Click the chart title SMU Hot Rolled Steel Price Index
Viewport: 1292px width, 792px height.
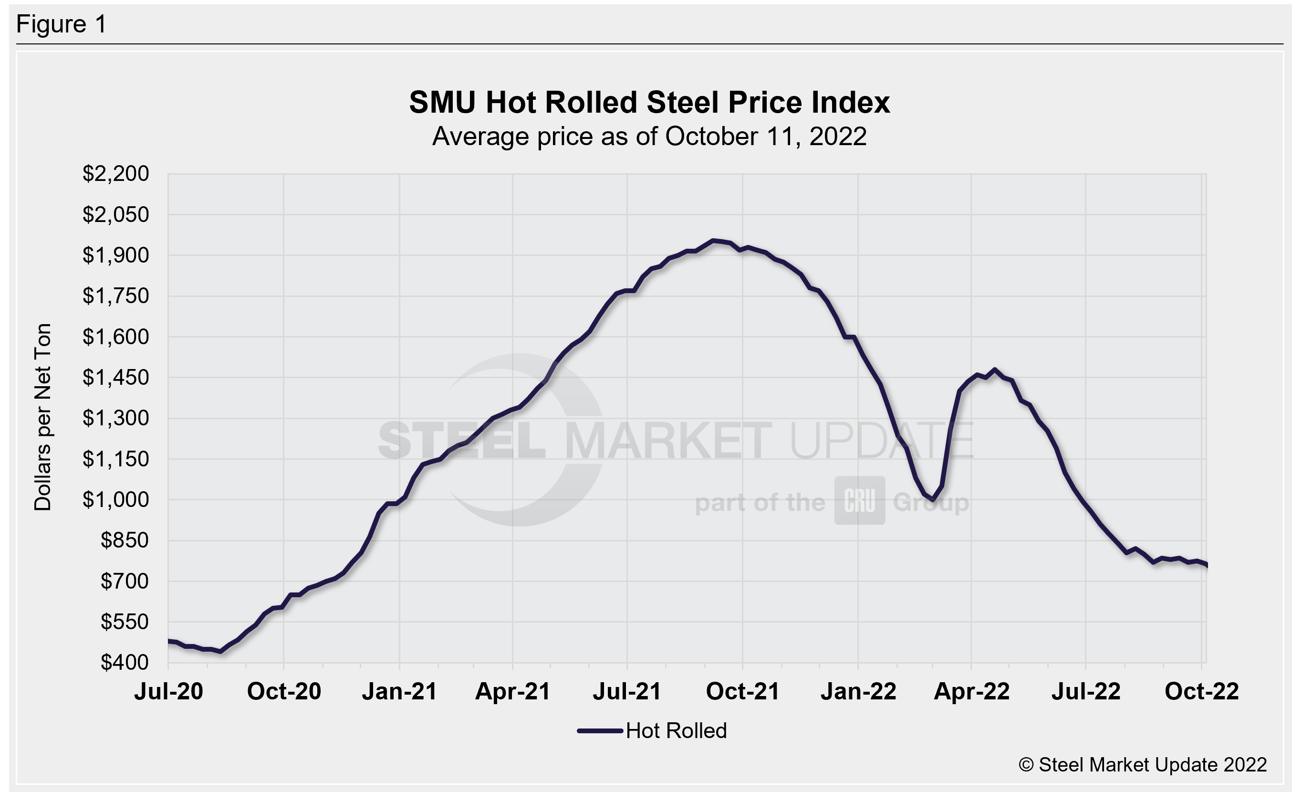[649, 102]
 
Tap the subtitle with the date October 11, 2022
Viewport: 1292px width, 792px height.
[649, 137]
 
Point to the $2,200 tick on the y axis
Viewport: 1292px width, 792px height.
[115, 174]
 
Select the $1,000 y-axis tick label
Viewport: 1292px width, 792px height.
[115, 500]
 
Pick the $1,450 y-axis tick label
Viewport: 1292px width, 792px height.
[115, 378]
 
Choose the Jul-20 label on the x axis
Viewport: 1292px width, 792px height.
[168, 691]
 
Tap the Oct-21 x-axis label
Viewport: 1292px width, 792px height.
[742, 691]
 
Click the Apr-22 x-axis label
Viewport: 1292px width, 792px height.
[971, 691]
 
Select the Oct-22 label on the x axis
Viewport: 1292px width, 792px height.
[1201, 691]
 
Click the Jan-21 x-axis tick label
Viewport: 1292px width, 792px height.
[399, 691]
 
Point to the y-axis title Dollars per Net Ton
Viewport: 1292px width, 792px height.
[42, 417]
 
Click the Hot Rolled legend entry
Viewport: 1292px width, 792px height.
[652, 730]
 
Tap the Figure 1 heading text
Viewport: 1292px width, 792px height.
[62, 24]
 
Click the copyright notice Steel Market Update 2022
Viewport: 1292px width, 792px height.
[1143, 765]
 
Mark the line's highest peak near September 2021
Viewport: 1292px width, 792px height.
[712, 241]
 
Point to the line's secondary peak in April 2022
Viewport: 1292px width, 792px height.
[995, 370]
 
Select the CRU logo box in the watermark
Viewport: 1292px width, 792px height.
[859, 500]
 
